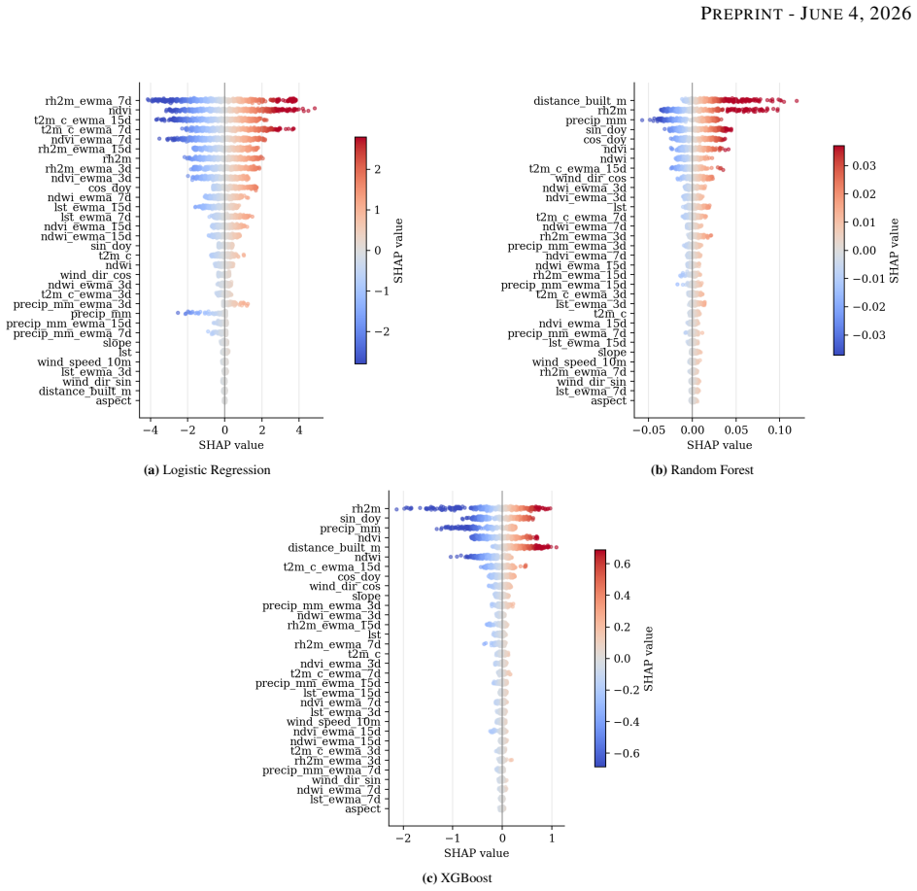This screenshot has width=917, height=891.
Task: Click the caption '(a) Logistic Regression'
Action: point(207,469)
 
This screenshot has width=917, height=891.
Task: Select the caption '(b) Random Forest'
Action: point(701,469)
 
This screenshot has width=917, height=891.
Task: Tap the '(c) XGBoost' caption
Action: point(457,877)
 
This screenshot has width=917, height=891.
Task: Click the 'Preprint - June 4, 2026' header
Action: point(805,14)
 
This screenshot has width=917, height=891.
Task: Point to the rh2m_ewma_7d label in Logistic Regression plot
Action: point(88,101)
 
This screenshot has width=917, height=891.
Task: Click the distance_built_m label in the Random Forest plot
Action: point(580,101)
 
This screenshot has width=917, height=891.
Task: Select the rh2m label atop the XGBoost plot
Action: point(366,509)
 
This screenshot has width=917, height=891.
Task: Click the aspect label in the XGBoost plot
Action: point(362,809)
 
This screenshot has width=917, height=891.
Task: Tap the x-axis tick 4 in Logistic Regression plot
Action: point(299,430)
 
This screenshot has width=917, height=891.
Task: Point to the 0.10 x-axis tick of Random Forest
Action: point(780,430)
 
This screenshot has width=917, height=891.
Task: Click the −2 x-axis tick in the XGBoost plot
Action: point(403,839)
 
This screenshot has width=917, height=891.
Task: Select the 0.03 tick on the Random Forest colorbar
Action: point(864,165)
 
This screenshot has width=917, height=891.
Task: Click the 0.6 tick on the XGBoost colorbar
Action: point(623,564)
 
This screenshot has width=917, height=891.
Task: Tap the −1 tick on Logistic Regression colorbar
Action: point(382,291)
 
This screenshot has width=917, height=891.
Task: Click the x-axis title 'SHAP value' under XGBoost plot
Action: point(476,853)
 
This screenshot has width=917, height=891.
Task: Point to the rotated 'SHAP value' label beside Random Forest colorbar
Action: point(894,251)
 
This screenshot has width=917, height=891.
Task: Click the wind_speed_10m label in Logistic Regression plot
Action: point(85,362)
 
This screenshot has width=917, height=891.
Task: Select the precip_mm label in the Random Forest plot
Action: point(595,120)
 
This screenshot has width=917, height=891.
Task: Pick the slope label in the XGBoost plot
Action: point(366,597)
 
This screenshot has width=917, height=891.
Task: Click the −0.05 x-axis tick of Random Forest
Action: point(649,430)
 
